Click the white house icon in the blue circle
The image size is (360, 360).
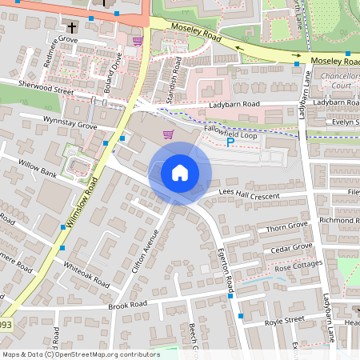click(x=180, y=173)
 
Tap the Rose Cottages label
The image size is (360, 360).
click(x=298, y=266)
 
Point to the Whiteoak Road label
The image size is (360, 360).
click(x=86, y=274)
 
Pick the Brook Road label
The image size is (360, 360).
click(x=128, y=305)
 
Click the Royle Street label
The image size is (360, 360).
click(x=284, y=321)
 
